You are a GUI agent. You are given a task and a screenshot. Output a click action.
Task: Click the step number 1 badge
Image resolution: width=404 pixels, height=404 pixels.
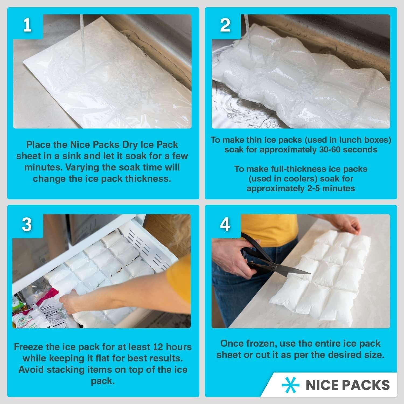point(27,26)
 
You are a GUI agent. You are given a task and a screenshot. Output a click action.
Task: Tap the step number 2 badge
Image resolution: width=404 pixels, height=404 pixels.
point(225,26)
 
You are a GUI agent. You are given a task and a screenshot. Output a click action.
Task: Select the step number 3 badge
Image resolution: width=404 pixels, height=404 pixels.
point(27,224)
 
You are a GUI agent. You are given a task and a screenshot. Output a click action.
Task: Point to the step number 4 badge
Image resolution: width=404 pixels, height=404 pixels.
point(225,224)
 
